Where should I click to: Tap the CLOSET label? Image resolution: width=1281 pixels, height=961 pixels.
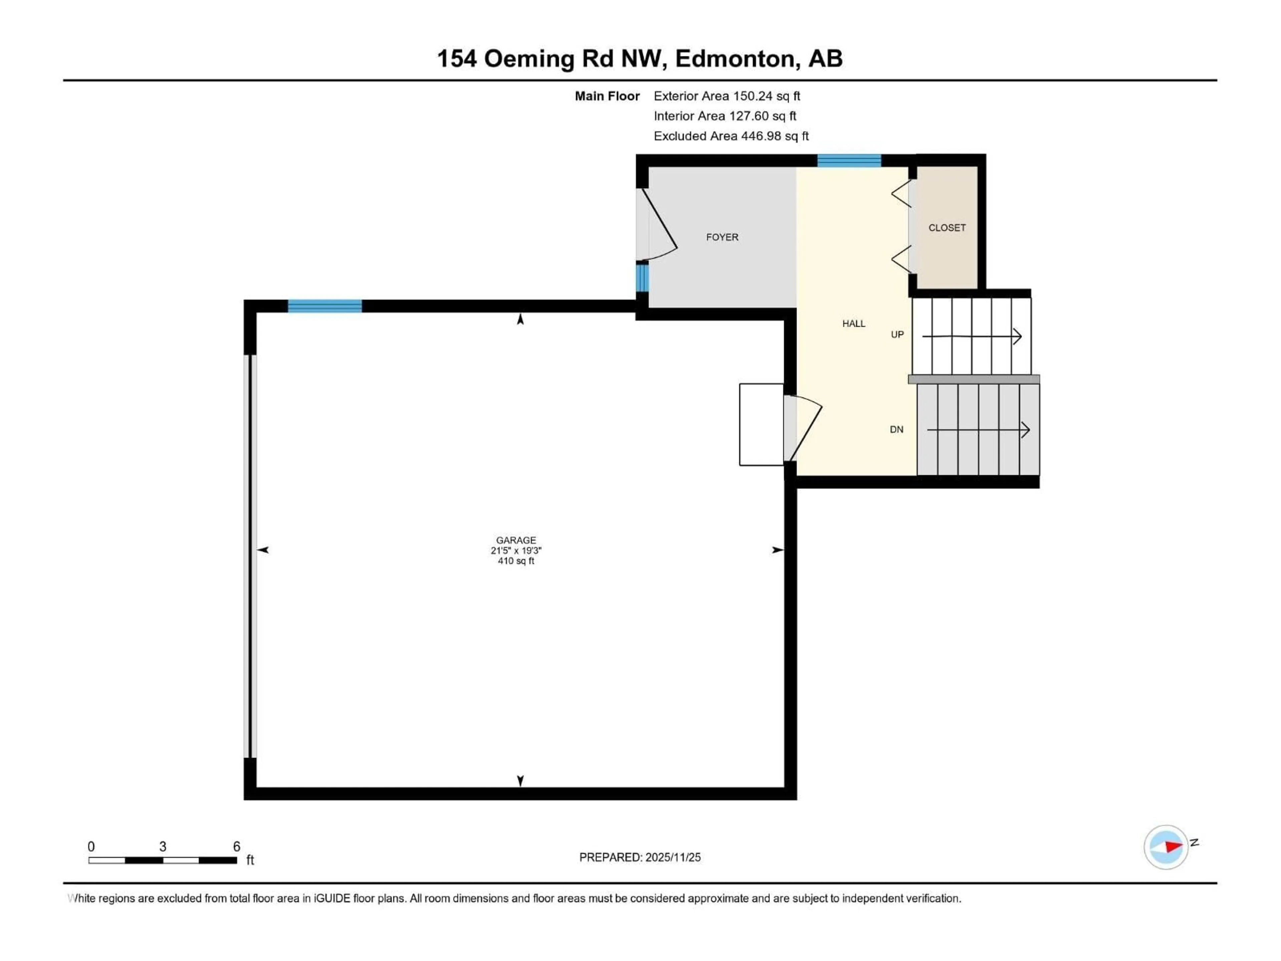click(947, 228)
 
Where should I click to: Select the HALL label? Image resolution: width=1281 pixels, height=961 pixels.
click(854, 323)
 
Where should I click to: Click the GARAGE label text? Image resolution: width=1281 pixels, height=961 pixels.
click(515, 540)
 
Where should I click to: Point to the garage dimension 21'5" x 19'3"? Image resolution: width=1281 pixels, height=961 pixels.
click(515, 550)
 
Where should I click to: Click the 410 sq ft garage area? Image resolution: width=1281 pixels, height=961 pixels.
click(515, 561)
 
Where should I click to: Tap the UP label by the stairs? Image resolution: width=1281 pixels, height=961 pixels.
click(897, 334)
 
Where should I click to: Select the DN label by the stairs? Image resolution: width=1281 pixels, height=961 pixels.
click(896, 429)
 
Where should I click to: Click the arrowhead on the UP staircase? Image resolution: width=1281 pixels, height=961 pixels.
click(1017, 336)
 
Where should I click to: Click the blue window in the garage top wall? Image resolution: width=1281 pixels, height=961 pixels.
click(325, 306)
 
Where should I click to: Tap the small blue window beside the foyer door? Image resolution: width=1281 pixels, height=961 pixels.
click(642, 278)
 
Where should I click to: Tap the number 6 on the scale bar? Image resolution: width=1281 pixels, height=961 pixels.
click(236, 846)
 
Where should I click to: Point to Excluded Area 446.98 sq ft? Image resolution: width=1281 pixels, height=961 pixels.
click(731, 136)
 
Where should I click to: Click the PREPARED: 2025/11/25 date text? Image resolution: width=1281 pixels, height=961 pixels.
click(639, 857)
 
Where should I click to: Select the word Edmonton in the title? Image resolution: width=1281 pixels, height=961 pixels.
click(734, 58)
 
